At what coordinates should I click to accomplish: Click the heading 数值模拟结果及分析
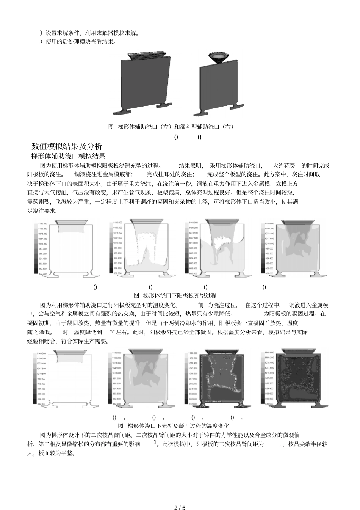[67, 146]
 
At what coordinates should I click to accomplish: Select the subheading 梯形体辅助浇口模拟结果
[68, 156]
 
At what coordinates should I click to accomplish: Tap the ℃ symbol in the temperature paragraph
[112, 332]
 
